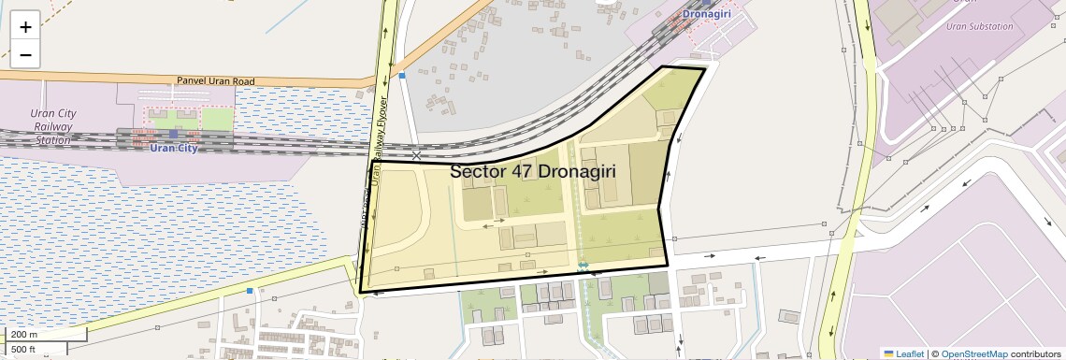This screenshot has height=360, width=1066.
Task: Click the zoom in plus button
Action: point(25,26)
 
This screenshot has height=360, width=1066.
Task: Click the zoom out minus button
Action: point(25,55)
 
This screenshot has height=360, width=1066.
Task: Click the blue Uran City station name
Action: point(173,149)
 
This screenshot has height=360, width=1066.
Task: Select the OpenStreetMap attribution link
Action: point(973,353)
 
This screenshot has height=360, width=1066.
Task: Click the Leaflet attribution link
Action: point(910,353)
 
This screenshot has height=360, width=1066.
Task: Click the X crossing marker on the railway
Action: point(416,155)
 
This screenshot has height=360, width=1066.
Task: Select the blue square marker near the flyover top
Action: point(402,76)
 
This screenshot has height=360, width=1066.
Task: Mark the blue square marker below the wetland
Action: point(250,291)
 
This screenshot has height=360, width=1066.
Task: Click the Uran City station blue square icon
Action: point(173,135)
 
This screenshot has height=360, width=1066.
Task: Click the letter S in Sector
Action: point(456,172)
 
